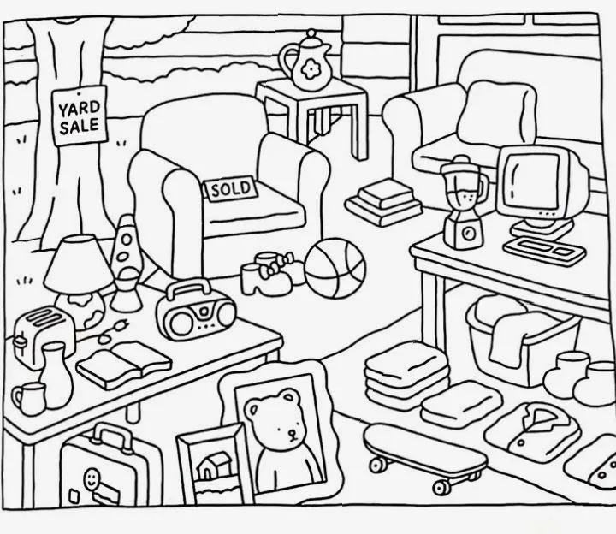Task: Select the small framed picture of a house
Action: click(210, 468)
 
